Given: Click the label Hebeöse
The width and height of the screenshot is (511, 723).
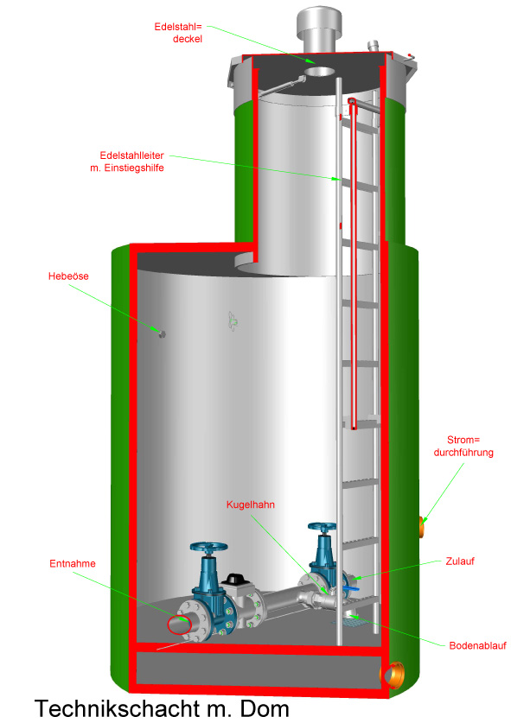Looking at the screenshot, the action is coord(68,276).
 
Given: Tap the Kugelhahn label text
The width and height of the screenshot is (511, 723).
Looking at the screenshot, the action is coord(250,504).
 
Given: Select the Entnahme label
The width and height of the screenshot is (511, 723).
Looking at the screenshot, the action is coord(73,563).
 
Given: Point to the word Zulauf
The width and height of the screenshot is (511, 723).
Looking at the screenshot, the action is coord(460,561).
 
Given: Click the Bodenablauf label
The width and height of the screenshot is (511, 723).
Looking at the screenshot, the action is coord(478,645).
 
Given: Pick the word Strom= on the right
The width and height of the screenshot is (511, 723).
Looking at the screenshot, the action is coord(463,440).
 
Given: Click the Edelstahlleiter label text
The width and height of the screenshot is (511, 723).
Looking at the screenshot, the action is coord(131,155).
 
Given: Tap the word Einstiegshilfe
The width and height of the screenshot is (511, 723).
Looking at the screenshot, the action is coord(134,168).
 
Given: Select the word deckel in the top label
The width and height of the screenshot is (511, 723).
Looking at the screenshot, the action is coord(188,39).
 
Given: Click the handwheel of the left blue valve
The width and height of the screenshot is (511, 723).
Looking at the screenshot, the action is coord(208,548).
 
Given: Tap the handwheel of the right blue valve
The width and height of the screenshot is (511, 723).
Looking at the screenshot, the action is coord(323,527).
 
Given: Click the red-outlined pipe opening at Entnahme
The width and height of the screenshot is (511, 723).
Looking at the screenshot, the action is coord(179,625).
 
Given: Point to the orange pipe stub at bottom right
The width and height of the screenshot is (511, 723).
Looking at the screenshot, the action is coord(393,675).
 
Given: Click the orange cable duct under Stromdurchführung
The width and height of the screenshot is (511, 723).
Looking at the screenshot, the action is coord(422,527).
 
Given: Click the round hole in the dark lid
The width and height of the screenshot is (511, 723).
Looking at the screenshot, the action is coord(319,72).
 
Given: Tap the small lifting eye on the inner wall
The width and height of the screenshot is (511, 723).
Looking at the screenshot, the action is coord(162,333).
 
